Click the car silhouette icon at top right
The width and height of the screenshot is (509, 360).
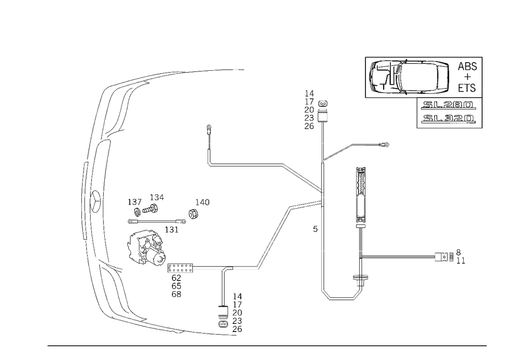tap(409, 78)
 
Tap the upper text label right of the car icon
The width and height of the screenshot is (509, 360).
tap(467, 67)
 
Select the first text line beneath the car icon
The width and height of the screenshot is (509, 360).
tap(448, 106)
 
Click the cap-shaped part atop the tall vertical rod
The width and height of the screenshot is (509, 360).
tap(323, 104)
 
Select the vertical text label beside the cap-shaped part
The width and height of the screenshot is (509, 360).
tap(308, 110)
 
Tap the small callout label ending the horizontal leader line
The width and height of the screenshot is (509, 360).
tap(384, 146)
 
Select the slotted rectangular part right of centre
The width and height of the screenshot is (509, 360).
tap(361, 183)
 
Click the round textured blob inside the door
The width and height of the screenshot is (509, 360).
tap(147, 247)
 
